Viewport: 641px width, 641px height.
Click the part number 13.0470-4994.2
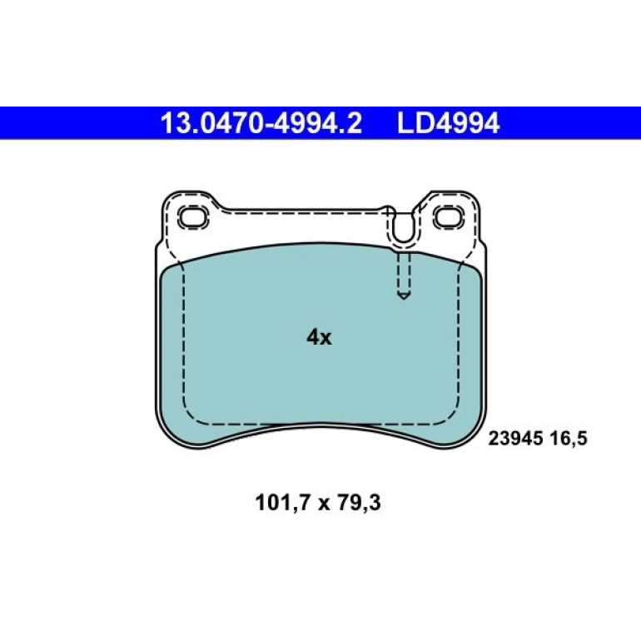[x=261, y=123]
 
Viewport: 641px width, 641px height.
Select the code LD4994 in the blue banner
[x=448, y=123]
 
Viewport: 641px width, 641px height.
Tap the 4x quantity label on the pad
[x=320, y=337]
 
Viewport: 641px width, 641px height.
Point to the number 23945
[x=515, y=439]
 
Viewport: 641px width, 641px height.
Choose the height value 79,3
[x=359, y=503]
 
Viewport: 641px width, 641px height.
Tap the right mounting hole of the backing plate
[x=449, y=217]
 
